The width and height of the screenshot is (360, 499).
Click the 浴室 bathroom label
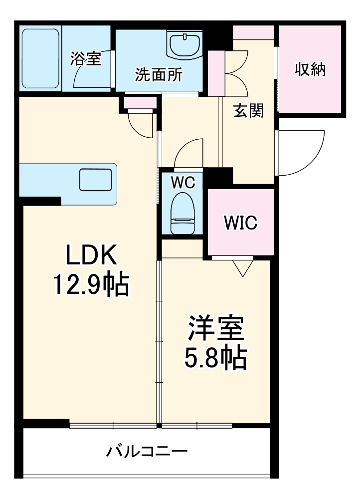pyautogui.click(x=85, y=59)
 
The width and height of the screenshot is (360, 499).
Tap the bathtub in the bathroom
pyautogui.click(x=40, y=58)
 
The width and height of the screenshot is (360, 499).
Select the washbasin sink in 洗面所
pyautogui.click(x=184, y=45)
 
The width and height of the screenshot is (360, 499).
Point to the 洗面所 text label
pyautogui.click(x=159, y=75)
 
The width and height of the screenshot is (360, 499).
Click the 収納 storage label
pyautogui.click(x=310, y=70)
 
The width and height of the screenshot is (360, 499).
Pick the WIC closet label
pyautogui.click(x=240, y=223)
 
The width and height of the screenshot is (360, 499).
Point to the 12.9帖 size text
pyautogui.click(x=92, y=285)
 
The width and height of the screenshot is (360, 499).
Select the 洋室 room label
pyautogui.click(x=215, y=329)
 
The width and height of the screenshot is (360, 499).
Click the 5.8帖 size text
pyautogui.click(x=215, y=358)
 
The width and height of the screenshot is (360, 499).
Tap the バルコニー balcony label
pyautogui.click(x=147, y=452)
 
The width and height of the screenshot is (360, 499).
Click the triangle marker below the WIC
pyautogui.click(x=243, y=268)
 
